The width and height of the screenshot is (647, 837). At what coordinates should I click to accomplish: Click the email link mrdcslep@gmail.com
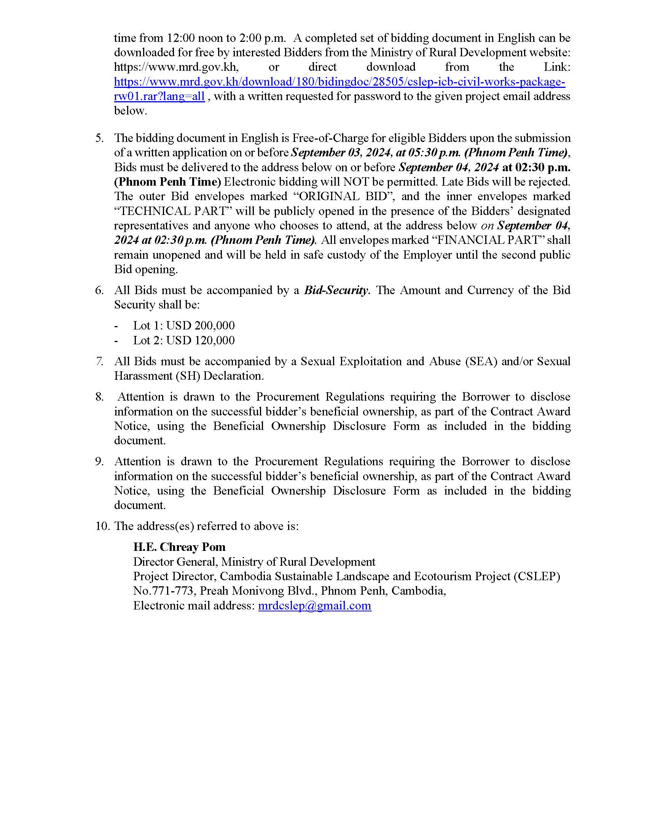point(314,606)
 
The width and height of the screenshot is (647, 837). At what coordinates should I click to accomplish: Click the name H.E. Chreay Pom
point(179,547)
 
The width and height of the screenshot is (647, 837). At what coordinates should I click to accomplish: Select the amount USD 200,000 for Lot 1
point(201,326)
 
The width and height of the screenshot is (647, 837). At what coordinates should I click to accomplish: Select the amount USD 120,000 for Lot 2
point(201,341)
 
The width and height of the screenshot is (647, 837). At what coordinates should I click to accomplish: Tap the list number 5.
point(100,138)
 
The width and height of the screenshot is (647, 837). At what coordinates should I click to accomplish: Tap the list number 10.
point(103,526)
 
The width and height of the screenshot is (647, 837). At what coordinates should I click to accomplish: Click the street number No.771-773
point(163,591)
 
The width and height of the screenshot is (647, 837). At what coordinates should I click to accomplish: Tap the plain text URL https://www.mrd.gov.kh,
point(176,67)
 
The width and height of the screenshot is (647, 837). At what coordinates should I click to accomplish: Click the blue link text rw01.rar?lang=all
point(159,96)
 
